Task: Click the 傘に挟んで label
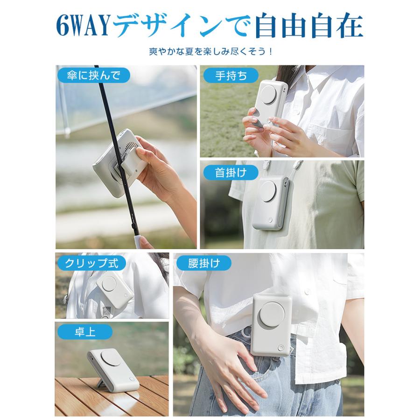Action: click(93, 75)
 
